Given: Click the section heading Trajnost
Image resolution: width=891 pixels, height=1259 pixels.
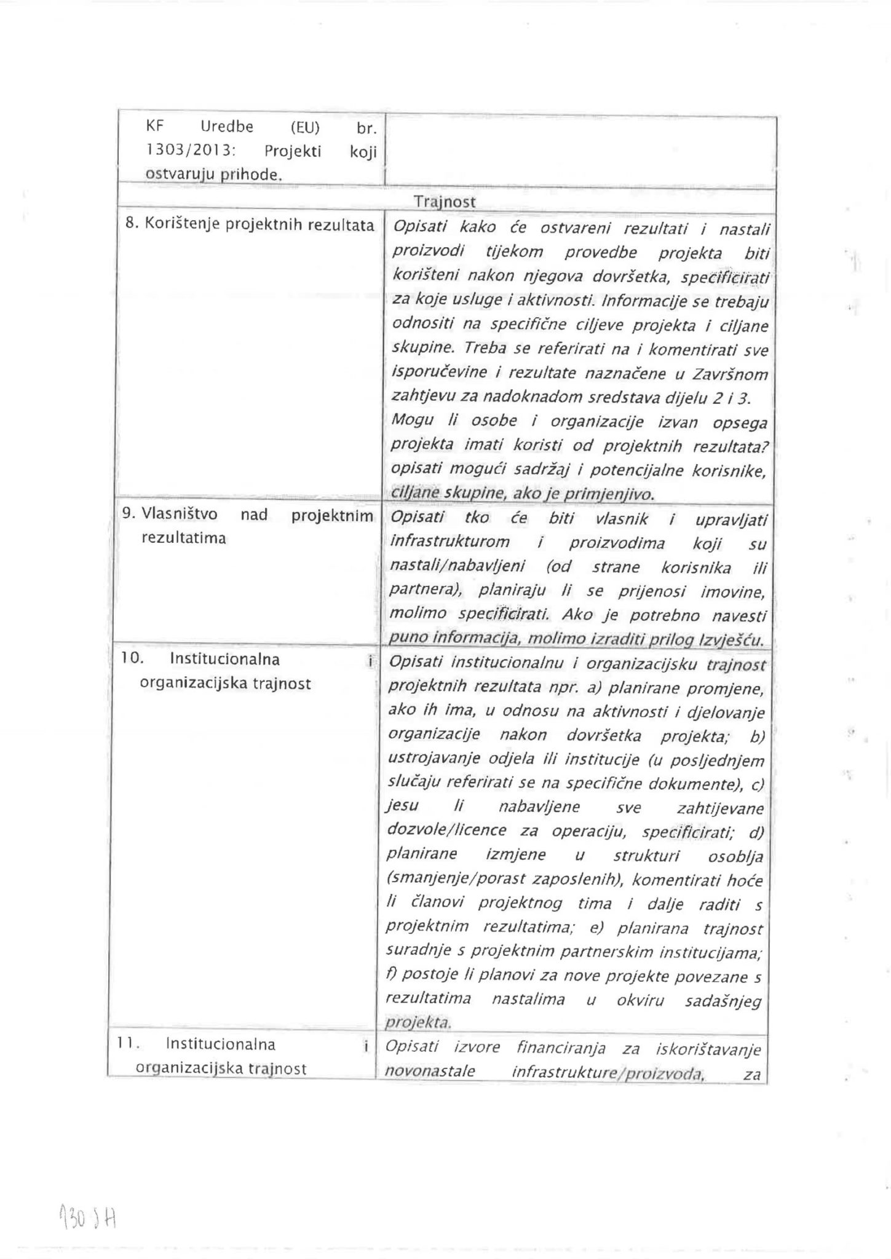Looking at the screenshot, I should [444, 202].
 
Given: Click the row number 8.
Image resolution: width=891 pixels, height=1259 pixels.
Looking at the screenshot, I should [130, 224].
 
